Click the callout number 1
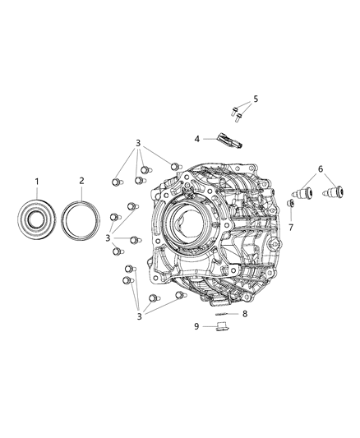(36, 180)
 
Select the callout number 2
(81, 180)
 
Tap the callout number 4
(197, 139)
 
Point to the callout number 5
(256, 99)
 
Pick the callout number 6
(321, 168)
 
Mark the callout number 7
(290, 226)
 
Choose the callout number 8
(244, 313)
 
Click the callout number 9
(196, 326)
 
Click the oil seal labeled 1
(36, 220)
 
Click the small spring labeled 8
(221, 313)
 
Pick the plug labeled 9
(219, 327)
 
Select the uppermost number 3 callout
(138, 143)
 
